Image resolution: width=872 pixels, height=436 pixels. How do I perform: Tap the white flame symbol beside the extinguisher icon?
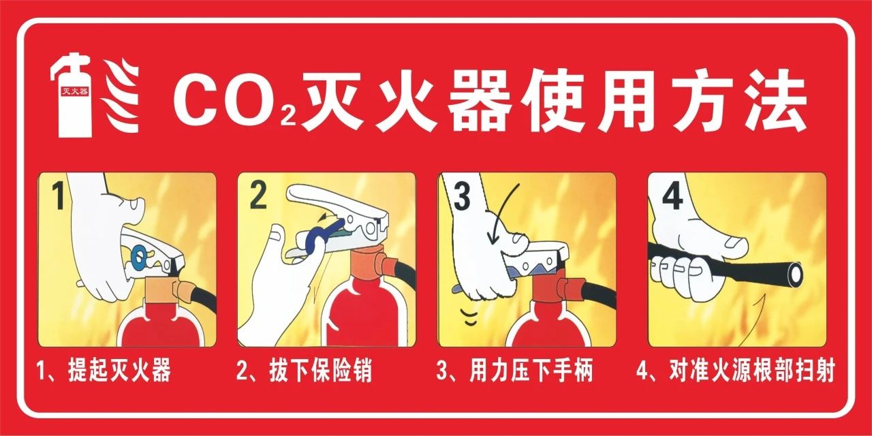121,95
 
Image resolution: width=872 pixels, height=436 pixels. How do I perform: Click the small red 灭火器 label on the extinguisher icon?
75,92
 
